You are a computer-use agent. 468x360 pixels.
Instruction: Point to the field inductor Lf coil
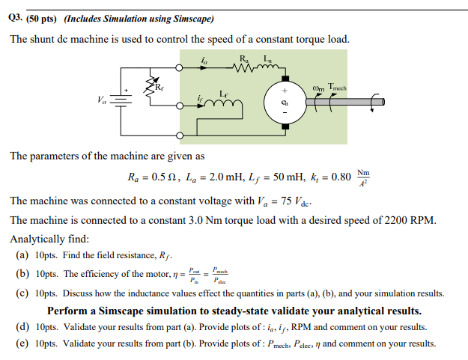224,106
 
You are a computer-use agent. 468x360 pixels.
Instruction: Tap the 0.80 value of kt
339,179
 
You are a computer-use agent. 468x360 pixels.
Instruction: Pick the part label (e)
22,344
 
